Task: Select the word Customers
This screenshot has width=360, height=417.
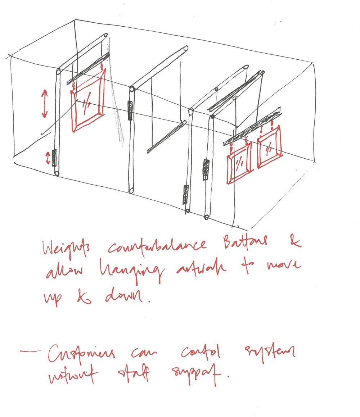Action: pyautogui.click(x=81, y=354)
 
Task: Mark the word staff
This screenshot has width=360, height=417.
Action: pyautogui.click(x=135, y=377)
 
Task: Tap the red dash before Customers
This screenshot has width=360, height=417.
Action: pyautogui.click(x=32, y=352)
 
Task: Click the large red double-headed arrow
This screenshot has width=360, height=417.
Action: pyautogui.click(x=44, y=103)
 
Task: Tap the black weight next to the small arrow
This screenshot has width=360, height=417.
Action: pyautogui.click(x=54, y=158)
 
